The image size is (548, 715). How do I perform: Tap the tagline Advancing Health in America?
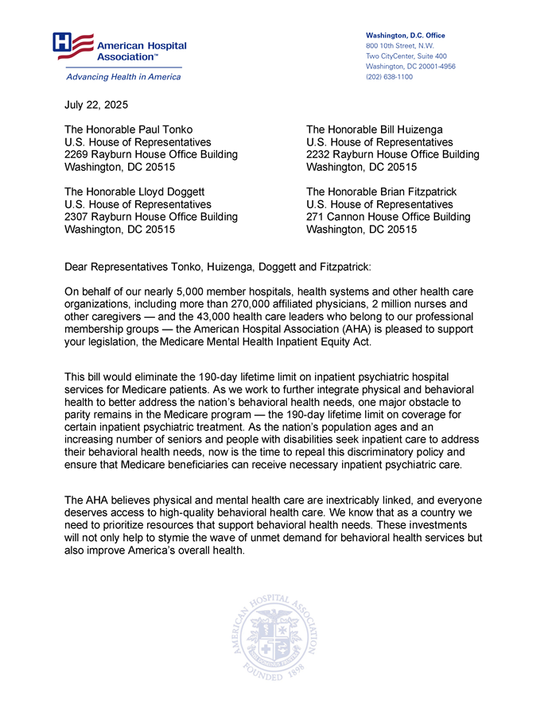122,77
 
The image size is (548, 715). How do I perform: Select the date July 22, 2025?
95,105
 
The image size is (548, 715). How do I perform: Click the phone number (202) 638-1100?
389,77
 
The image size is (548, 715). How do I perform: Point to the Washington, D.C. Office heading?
405,36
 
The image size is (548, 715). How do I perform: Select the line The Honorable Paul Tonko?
128,129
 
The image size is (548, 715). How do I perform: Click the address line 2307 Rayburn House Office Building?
150,217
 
